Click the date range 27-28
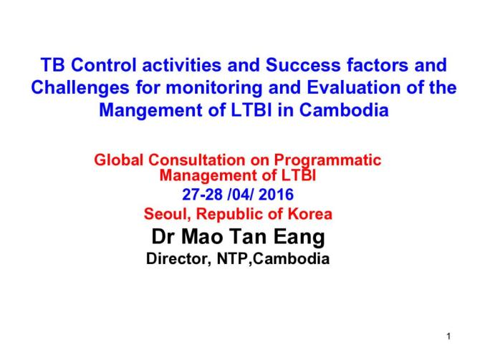[203, 195]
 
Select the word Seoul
[162, 214]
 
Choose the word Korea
[310, 214]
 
